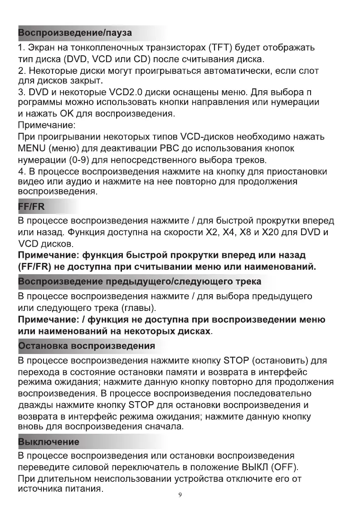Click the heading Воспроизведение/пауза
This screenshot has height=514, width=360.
coord(75,33)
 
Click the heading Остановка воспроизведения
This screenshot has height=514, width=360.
coord(86,346)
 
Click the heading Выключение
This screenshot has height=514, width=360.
coord(48,441)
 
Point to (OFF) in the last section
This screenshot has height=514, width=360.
coord(284,467)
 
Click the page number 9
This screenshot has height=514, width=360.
coord(180,495)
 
